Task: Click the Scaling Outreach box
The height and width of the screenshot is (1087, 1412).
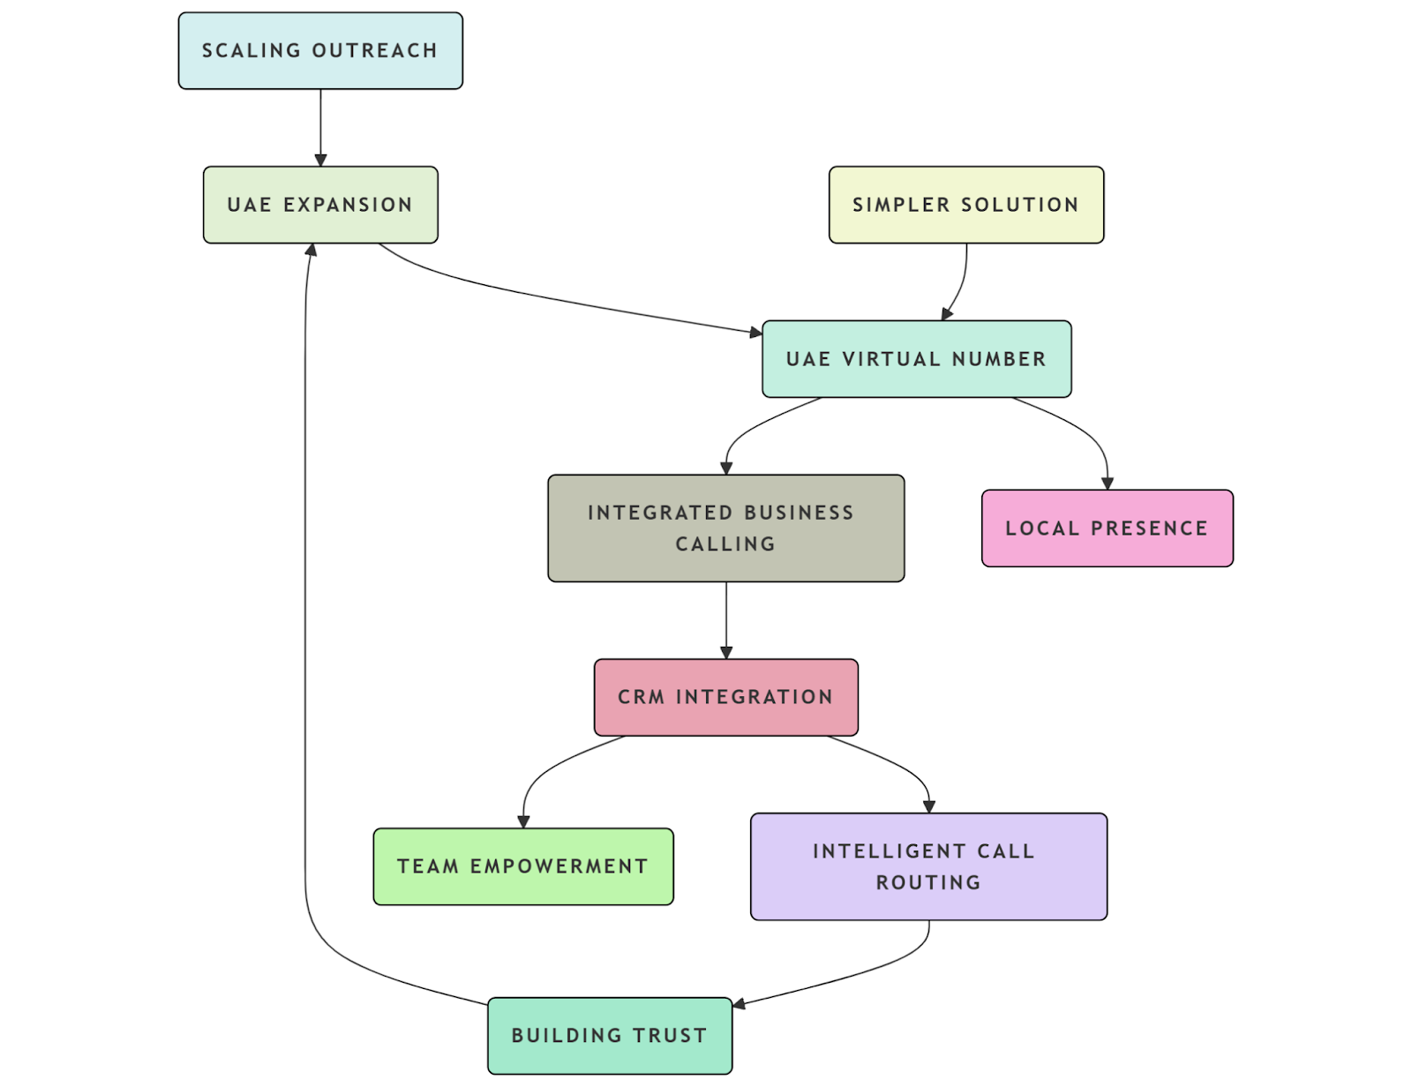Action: click(x=320, y=50)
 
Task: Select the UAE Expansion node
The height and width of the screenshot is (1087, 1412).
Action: click(x=320, y=205)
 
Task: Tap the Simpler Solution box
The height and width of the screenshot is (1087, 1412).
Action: click(x=965, y=205)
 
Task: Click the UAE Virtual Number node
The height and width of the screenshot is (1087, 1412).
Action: click(x=916, y=359)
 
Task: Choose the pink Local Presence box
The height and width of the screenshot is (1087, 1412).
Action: click(x=1107, y=529)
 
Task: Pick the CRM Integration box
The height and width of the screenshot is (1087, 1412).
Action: click(x=725, y=697)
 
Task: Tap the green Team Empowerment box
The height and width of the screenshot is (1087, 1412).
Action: click(x=522, y=866)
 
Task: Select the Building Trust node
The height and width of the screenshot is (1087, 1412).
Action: click(x=609, y=1035)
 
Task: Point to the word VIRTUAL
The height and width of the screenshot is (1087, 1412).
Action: click(x=891, y=359)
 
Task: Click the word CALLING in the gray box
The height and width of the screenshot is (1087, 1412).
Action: click(x=725, y=544)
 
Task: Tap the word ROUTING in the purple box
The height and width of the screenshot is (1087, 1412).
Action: click(x=928, y=882)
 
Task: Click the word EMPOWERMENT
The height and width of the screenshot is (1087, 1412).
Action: click(x=559, y=866)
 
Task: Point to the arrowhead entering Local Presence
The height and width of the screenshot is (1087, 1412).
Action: click(x=1107, y=484)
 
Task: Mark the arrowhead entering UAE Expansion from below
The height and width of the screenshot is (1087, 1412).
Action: click(x=311, y=251)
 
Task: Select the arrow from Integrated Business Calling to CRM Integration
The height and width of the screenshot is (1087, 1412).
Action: click(x=725, y=618)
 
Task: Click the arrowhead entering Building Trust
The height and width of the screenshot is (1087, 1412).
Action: click(x=740, y=1004)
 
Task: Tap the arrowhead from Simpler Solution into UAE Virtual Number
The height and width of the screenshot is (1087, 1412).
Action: click(x=946, y=314)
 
